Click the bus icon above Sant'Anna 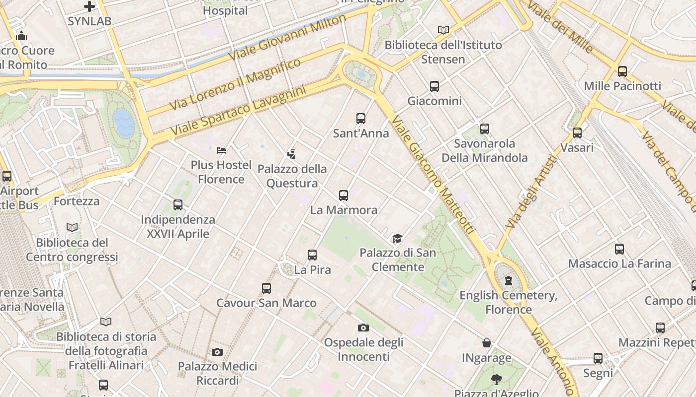click(361, 119)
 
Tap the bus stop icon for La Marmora click(344, 196)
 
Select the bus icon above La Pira click(312, 255)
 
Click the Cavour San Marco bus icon click(266, 288)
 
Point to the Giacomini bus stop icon click(435, 86)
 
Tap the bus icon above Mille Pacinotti click(622, 71)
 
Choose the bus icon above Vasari click(577, 133)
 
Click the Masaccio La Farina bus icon click(619, 249)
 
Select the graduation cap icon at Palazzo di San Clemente click(397, 239)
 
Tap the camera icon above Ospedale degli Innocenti click(363, 328)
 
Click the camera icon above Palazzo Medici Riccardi click(217, 352)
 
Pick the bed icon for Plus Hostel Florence click(221, 150)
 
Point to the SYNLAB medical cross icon click(89, 6)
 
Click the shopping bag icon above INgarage click(487, 343)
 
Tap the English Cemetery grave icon click(508, 280)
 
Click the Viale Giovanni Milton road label click(288, 37)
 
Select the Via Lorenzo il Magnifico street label click(235, 84)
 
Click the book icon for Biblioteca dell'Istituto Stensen click(443, 30)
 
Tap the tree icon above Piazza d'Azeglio click(496, 380)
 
